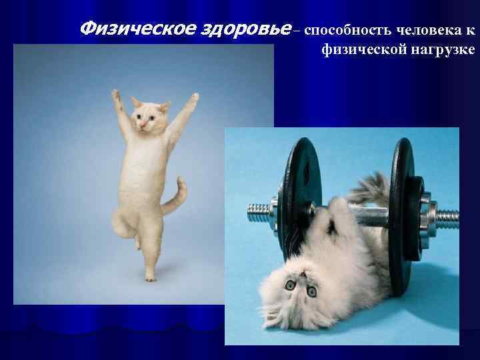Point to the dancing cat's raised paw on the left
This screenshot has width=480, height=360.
117,96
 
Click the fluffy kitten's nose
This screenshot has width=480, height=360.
300,279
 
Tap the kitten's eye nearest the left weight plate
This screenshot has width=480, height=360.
291,285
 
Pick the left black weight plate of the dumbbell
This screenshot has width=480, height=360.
299,200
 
